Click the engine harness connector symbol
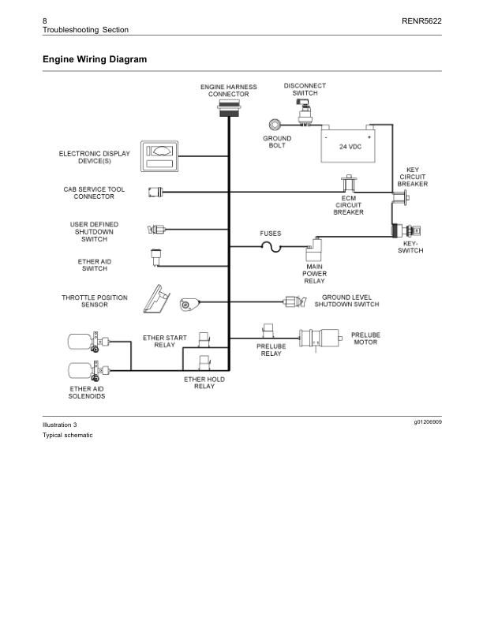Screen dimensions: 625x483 (228, 109)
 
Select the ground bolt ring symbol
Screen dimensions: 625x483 (276, 124)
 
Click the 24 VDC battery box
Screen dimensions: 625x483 (348, 145)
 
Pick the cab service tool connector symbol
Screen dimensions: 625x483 (155, 192)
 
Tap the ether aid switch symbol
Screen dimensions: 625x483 (155, 255)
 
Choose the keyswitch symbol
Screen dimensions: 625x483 (409, 230)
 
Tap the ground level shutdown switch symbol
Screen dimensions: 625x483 (294, 301)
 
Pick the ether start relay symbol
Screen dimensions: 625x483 (204, 339)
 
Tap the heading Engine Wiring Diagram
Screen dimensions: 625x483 (95, 59)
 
